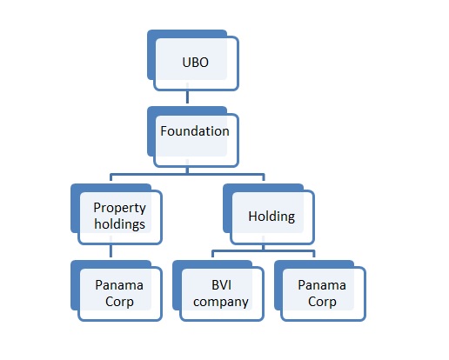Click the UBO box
click(193, 60)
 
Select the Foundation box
click(193, 137)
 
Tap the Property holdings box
click(117, 214)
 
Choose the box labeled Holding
click(269, 214)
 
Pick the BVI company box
click(218, 290)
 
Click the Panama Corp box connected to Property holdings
click(117, 290)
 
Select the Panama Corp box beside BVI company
click(320, 290)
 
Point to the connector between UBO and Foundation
click(187, 97)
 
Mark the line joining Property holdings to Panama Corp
click(111, 251)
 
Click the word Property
click(119, 208)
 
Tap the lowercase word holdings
click(119, 224)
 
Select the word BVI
click(221, 285)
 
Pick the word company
click(221, 302)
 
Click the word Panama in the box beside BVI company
click(322, 285)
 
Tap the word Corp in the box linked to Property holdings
click(119, 302)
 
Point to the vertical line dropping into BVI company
click(212, 254)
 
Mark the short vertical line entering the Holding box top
click(264, 177)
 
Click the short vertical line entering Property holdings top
click(111, 177)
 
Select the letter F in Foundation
click(164, 131)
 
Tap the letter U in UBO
click(186, 63)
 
